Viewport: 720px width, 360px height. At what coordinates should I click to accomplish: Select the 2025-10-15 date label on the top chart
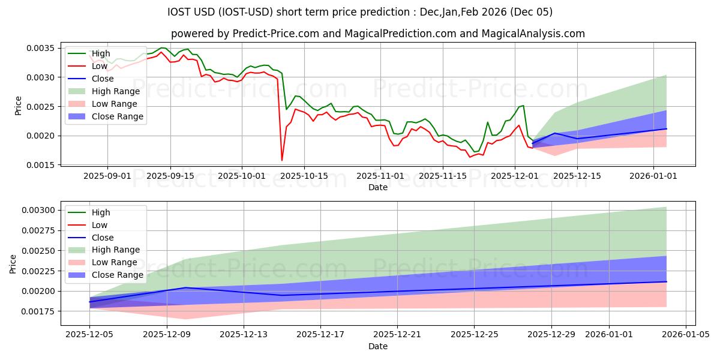point(304,176)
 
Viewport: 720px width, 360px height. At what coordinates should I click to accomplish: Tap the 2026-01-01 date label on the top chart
point(653,176)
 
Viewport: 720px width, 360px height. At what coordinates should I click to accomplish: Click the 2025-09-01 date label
point(108,176)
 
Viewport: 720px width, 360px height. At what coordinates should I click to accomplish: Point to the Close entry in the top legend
point(103,79)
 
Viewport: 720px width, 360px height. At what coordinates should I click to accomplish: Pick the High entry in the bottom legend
point(101,212)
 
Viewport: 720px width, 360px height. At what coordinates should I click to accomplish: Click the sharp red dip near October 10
point(282,160)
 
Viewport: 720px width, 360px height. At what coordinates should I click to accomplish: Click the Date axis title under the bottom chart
point(377,346)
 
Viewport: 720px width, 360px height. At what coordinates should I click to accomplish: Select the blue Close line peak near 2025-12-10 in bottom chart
point(186,287)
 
